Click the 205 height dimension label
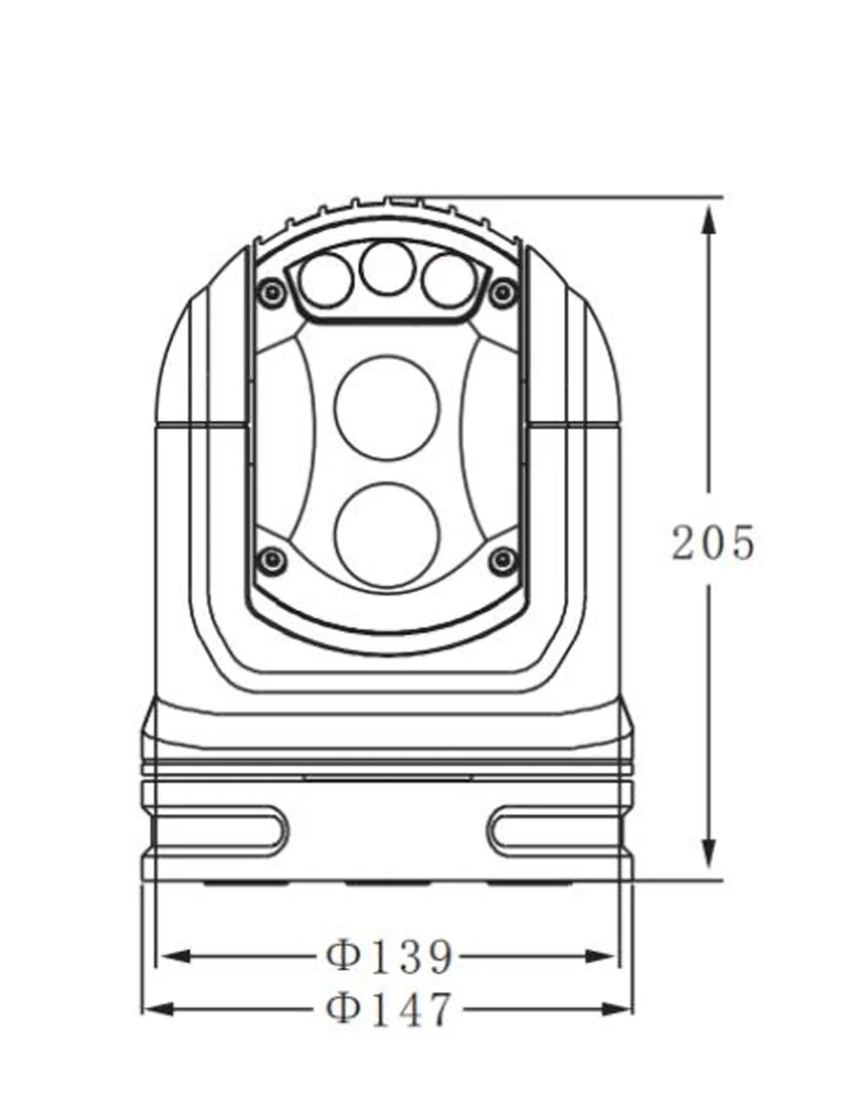point(713,542)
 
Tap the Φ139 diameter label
point(390,956)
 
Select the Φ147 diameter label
point(390,1008)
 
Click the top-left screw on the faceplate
point(271,291)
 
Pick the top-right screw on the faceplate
point(501,292)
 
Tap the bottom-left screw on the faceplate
point(271,560)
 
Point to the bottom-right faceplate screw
point(502,560)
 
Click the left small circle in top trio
point(326,281)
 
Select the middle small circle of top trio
point(387,267)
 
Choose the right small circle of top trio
point(449,281)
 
